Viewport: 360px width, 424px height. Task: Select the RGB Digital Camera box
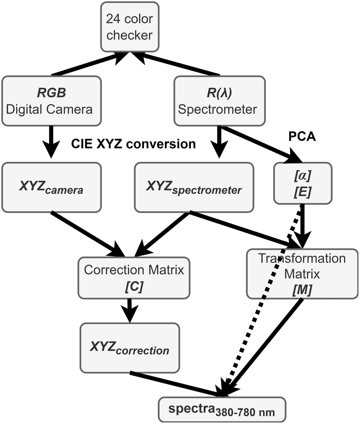coord(51,101)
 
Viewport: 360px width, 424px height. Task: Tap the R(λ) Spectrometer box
coord(220,101)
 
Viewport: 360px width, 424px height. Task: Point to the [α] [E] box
coord(303,183)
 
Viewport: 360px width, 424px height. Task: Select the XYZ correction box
coord(130,348)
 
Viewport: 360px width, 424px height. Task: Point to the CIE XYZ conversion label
coord(133,144)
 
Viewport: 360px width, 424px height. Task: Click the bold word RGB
coord(51,93)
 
